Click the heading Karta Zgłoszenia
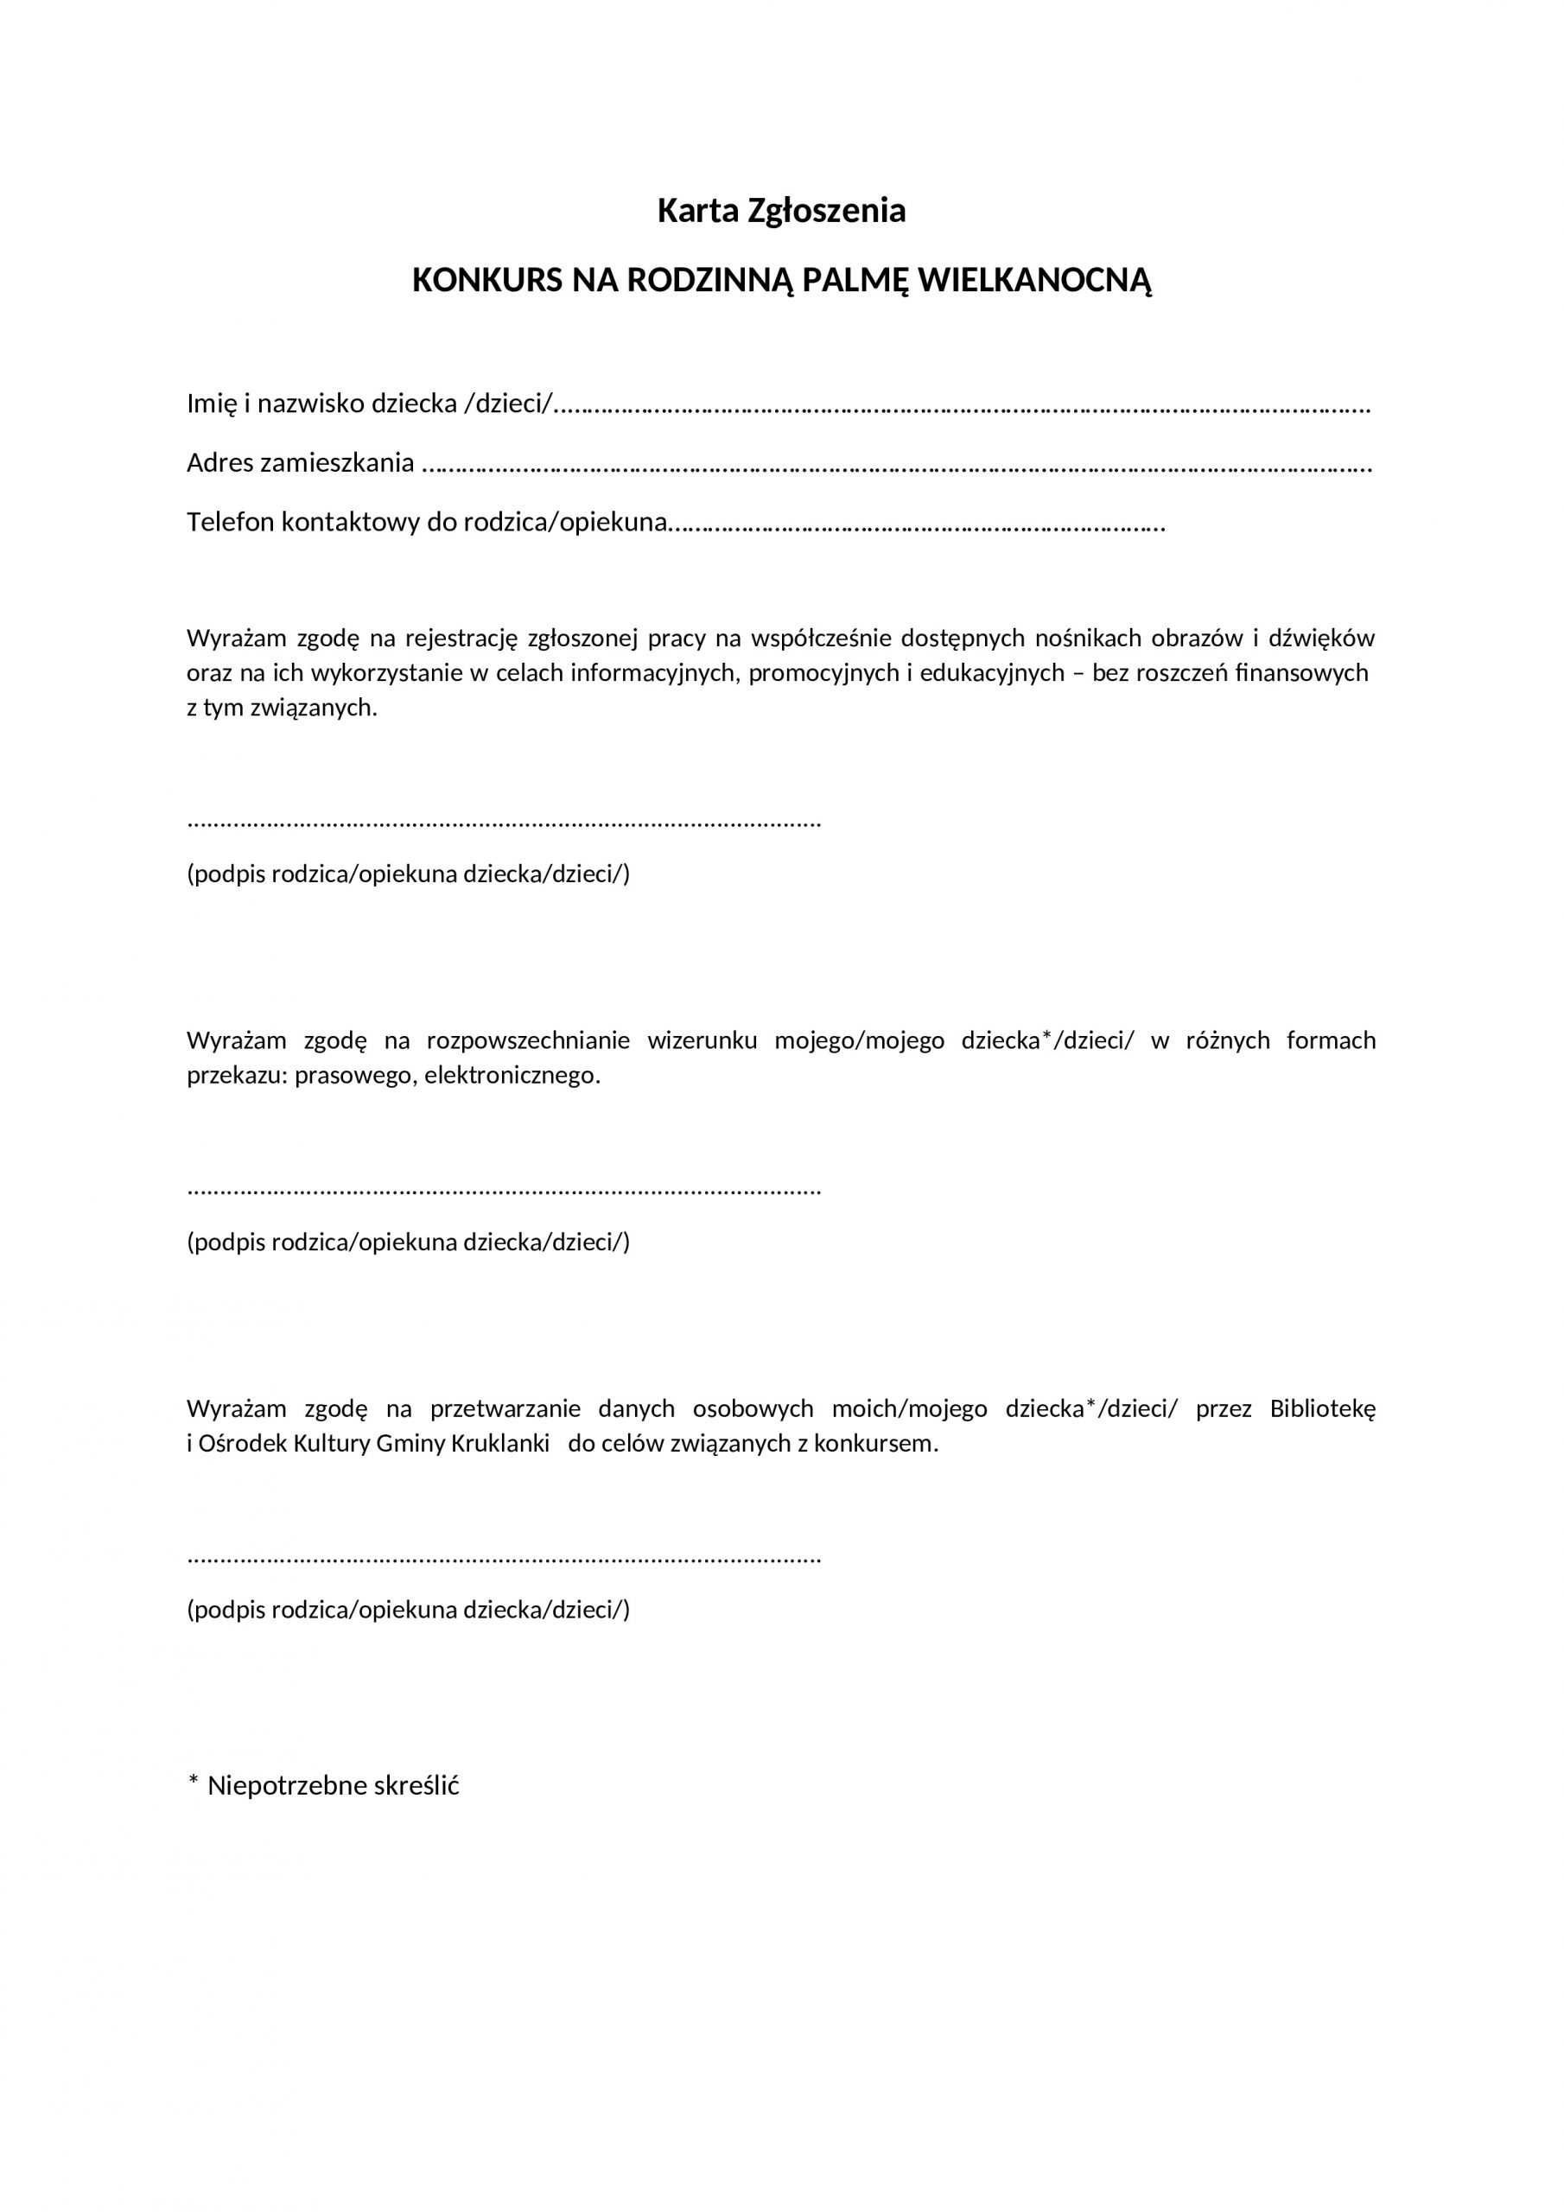[x=780, y=211]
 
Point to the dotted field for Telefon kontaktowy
[x=915, y=525]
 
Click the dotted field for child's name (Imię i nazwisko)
[x=963, y=405]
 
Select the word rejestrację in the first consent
[x=461, y=639]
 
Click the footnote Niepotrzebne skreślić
[x=333, y=1785]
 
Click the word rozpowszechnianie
[x=528, y=1040]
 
